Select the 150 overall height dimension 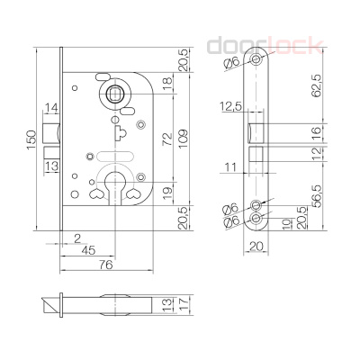(31, 138)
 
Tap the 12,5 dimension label (229, 108)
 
